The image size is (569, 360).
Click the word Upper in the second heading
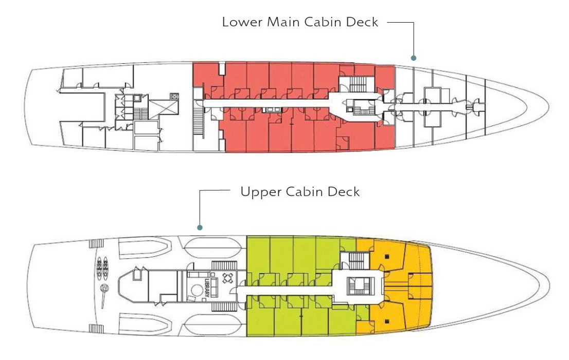(x=258, y=192)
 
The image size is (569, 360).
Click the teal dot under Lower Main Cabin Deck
(x=413, y=58)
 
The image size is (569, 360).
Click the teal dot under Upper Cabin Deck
(x=200, y=227)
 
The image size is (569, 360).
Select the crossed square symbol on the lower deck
(x=175, y=96)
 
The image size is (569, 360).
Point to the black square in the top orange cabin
(x=387, y=256)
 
